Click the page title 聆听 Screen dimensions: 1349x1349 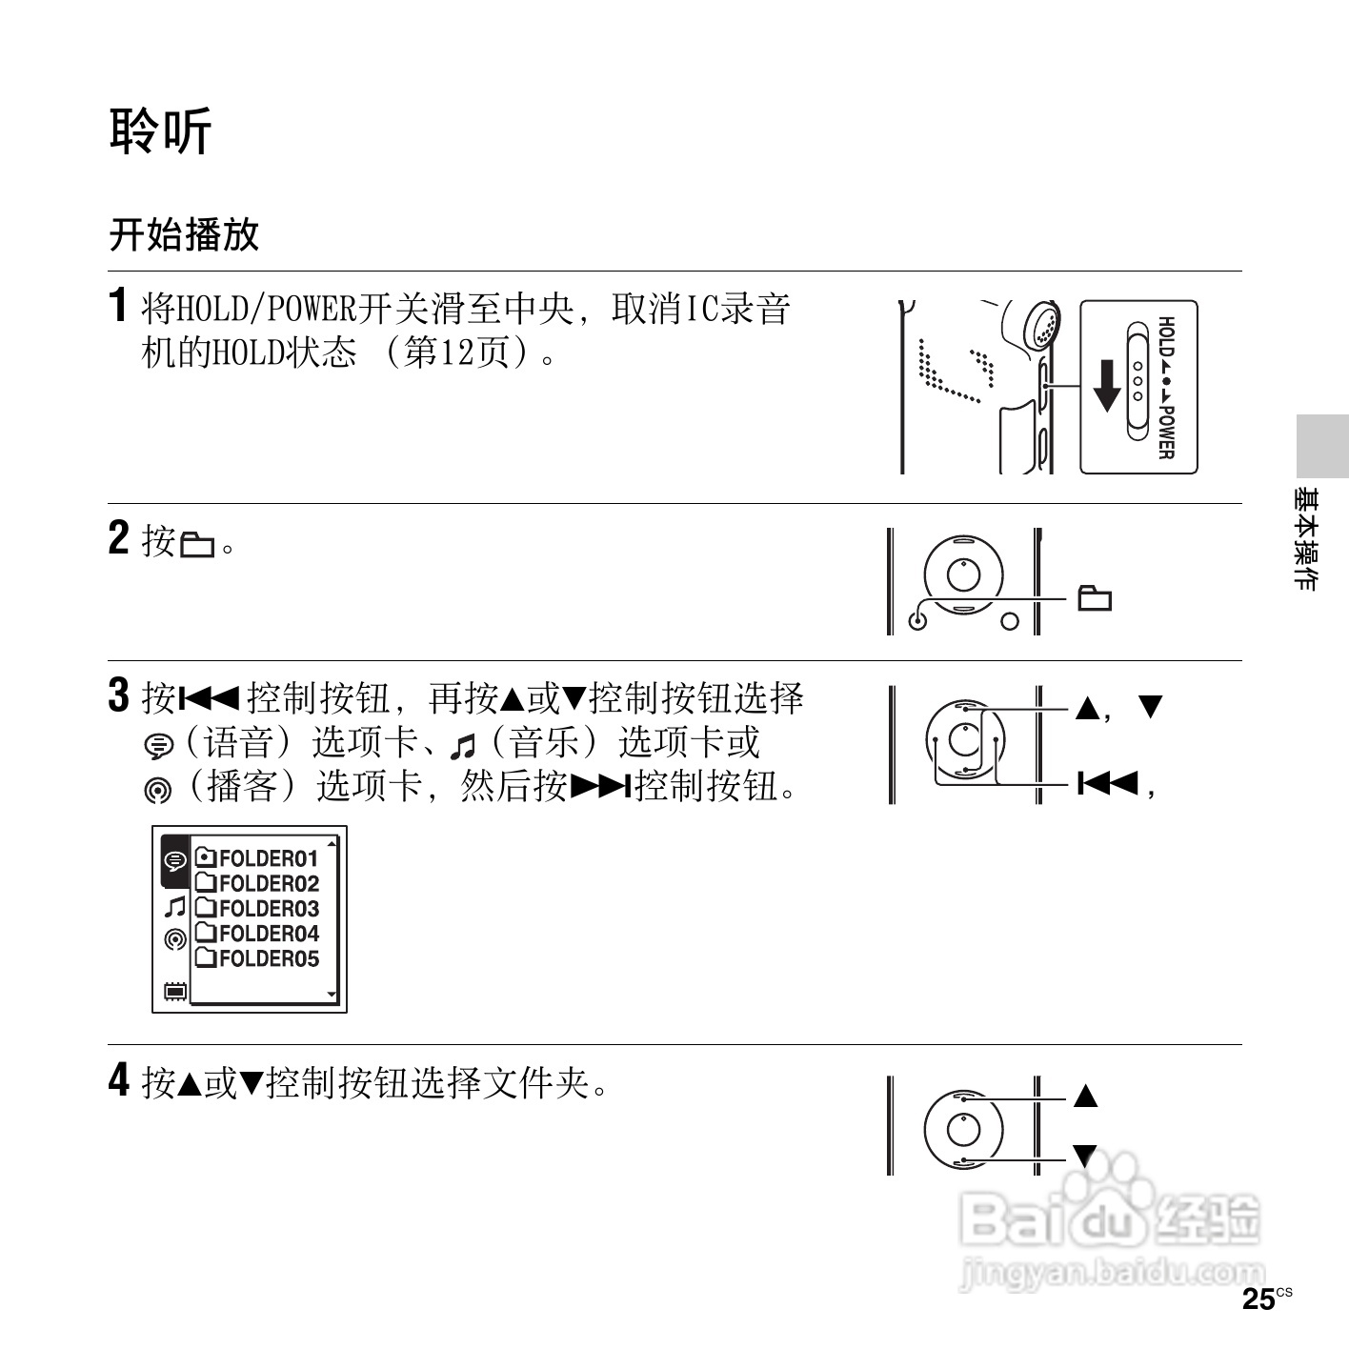click(x=160, y=131)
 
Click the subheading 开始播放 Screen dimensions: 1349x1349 click(x=184, y=234)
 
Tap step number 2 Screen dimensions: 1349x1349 click(x=118, y=538)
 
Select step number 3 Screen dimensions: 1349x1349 click(x=118, y=695)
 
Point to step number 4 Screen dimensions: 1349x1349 click(x=118, y=1080)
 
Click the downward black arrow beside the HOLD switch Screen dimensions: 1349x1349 click(x=1106, y=385)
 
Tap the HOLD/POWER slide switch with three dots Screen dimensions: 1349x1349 click(x=1137, y=382)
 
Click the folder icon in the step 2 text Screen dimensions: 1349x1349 click(x=198, y=546)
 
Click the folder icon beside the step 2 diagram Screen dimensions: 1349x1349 click(x=1095, y=598)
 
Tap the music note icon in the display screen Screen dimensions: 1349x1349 click(x=174, y=906)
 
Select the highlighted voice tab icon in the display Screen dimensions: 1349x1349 click(x=174, y=861)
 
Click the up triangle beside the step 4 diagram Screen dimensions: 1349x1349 click(x=1085, y=1096)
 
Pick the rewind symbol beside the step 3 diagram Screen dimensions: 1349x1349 click(x=1108, y=784)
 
